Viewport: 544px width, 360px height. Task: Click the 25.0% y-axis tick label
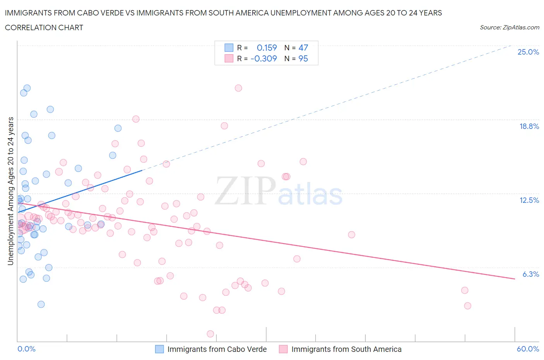coord(528,52)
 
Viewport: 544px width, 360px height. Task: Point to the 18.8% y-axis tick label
coord(529,126)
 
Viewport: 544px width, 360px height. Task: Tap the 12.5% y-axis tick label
coord(529,200)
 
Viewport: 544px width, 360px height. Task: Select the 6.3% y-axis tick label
coord(530,274)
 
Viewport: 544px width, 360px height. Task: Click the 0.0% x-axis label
coord(26,349)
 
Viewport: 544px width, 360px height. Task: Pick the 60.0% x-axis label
coord(528,349)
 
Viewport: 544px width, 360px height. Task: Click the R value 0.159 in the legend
coord(267,48)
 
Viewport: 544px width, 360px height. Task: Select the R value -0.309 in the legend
coord(263,58)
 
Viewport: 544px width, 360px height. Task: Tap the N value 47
coord(303,48)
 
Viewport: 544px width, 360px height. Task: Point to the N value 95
coord(303,58)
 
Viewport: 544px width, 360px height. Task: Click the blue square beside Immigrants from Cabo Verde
coord(159,349)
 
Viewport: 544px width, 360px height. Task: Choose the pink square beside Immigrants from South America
coord(283,349)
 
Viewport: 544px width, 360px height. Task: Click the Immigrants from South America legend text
coord(346,349)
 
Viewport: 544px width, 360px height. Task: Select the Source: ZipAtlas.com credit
coord(509,27)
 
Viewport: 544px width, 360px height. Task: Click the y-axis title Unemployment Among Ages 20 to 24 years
coord(11,191)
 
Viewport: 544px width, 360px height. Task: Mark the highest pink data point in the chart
coord(238,88)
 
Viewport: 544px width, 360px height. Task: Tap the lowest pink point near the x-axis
coord(210,334)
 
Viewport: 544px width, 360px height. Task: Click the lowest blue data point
coord(41,304)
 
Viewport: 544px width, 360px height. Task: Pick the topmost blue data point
coord(27,88)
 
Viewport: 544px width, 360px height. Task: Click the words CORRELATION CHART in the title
coord(44,27)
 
